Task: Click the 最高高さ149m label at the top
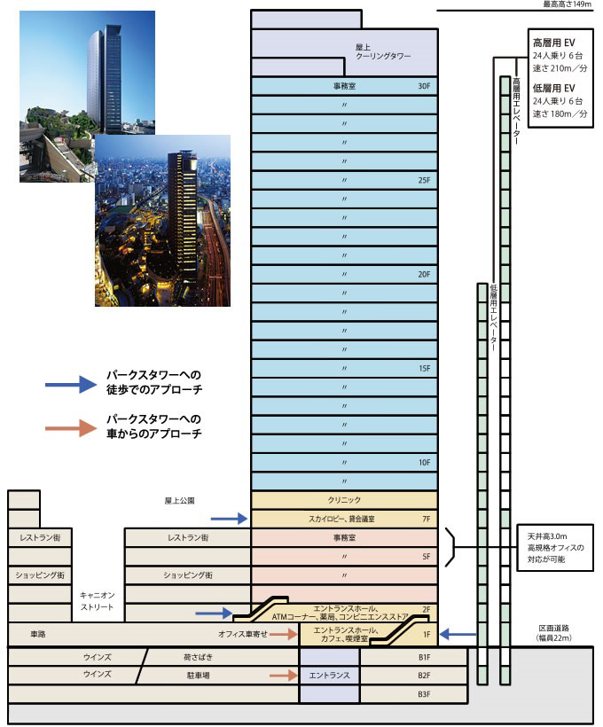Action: tap(567, 4)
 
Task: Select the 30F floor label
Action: tap(423, 86)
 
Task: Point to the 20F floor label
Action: tap(423, 275)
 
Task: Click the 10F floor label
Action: tap(423, 463)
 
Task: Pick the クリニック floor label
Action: tap(344, 500)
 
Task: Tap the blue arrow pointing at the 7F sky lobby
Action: tap(228, 518)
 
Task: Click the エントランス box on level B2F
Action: tap(330, 675)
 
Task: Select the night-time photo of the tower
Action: tap(162, 220)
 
